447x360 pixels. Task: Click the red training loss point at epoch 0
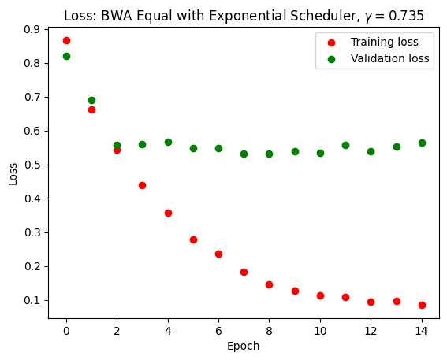(x=66, y=40)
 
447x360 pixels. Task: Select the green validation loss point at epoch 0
(x=66, y=56)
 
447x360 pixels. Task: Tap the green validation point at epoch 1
(x=91, y=100)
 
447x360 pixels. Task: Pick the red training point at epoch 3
(x=142, y=185)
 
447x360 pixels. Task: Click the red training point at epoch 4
(x=168, y=213)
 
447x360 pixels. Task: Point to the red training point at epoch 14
(x=422, y=305)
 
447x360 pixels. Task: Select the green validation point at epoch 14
(x=422, y=143)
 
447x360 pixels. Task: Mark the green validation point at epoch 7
(x=244, y=154)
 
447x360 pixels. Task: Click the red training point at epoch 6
(x=218, y=254)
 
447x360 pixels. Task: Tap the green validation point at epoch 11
(x=345, y=145)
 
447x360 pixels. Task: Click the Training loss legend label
(x=386, y=42)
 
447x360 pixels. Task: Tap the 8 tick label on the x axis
(x=269, y=330)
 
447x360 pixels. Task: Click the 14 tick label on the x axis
(x=422, y=330)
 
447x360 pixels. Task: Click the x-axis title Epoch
(x=243, y=346)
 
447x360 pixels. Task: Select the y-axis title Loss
(x=13, y=173)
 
